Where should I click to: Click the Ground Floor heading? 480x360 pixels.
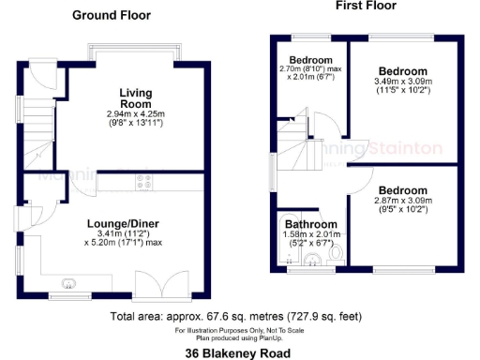pyautogui.click(x=112, y=16)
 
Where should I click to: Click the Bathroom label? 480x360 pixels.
pyautogui.click(x=310, y=225)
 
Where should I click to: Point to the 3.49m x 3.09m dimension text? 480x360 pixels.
pyautogui.click(x=404, y=82)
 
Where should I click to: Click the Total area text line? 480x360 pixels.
pyautogui.click(x=238, y=316)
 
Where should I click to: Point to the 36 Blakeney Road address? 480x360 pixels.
pyautogui.click(x=238, y=352)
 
